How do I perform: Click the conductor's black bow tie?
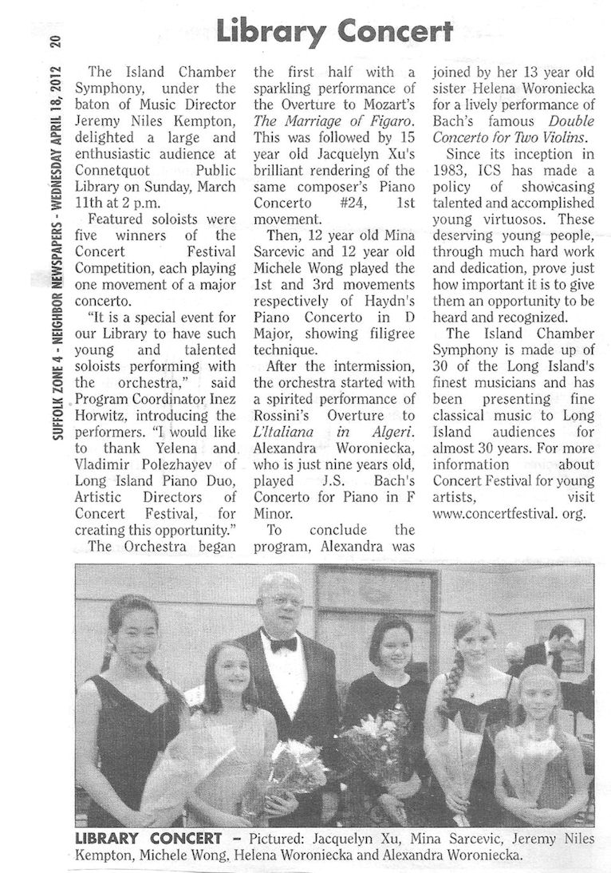282,643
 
